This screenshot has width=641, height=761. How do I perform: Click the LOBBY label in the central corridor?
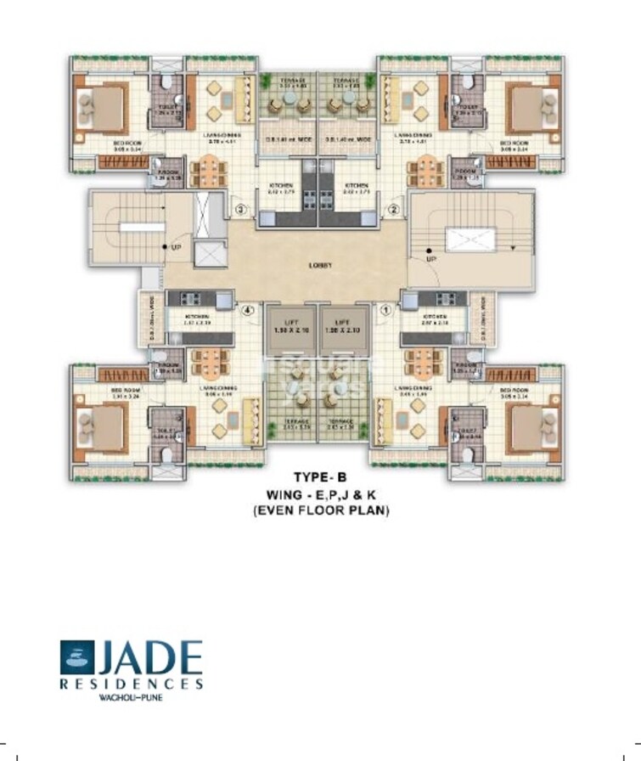click(319, 265)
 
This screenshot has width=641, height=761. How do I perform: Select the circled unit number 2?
click(394, 209)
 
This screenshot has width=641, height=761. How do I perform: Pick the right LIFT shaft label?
click(344, 326)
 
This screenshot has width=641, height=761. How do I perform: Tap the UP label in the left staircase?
click(177, 248)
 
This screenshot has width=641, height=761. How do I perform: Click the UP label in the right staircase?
click(430, 257)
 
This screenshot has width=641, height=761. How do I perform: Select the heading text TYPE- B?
click(320, 478)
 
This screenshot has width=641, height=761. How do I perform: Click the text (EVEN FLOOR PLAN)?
click(320, 511)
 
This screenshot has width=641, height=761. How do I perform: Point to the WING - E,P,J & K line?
click(320, 495)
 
